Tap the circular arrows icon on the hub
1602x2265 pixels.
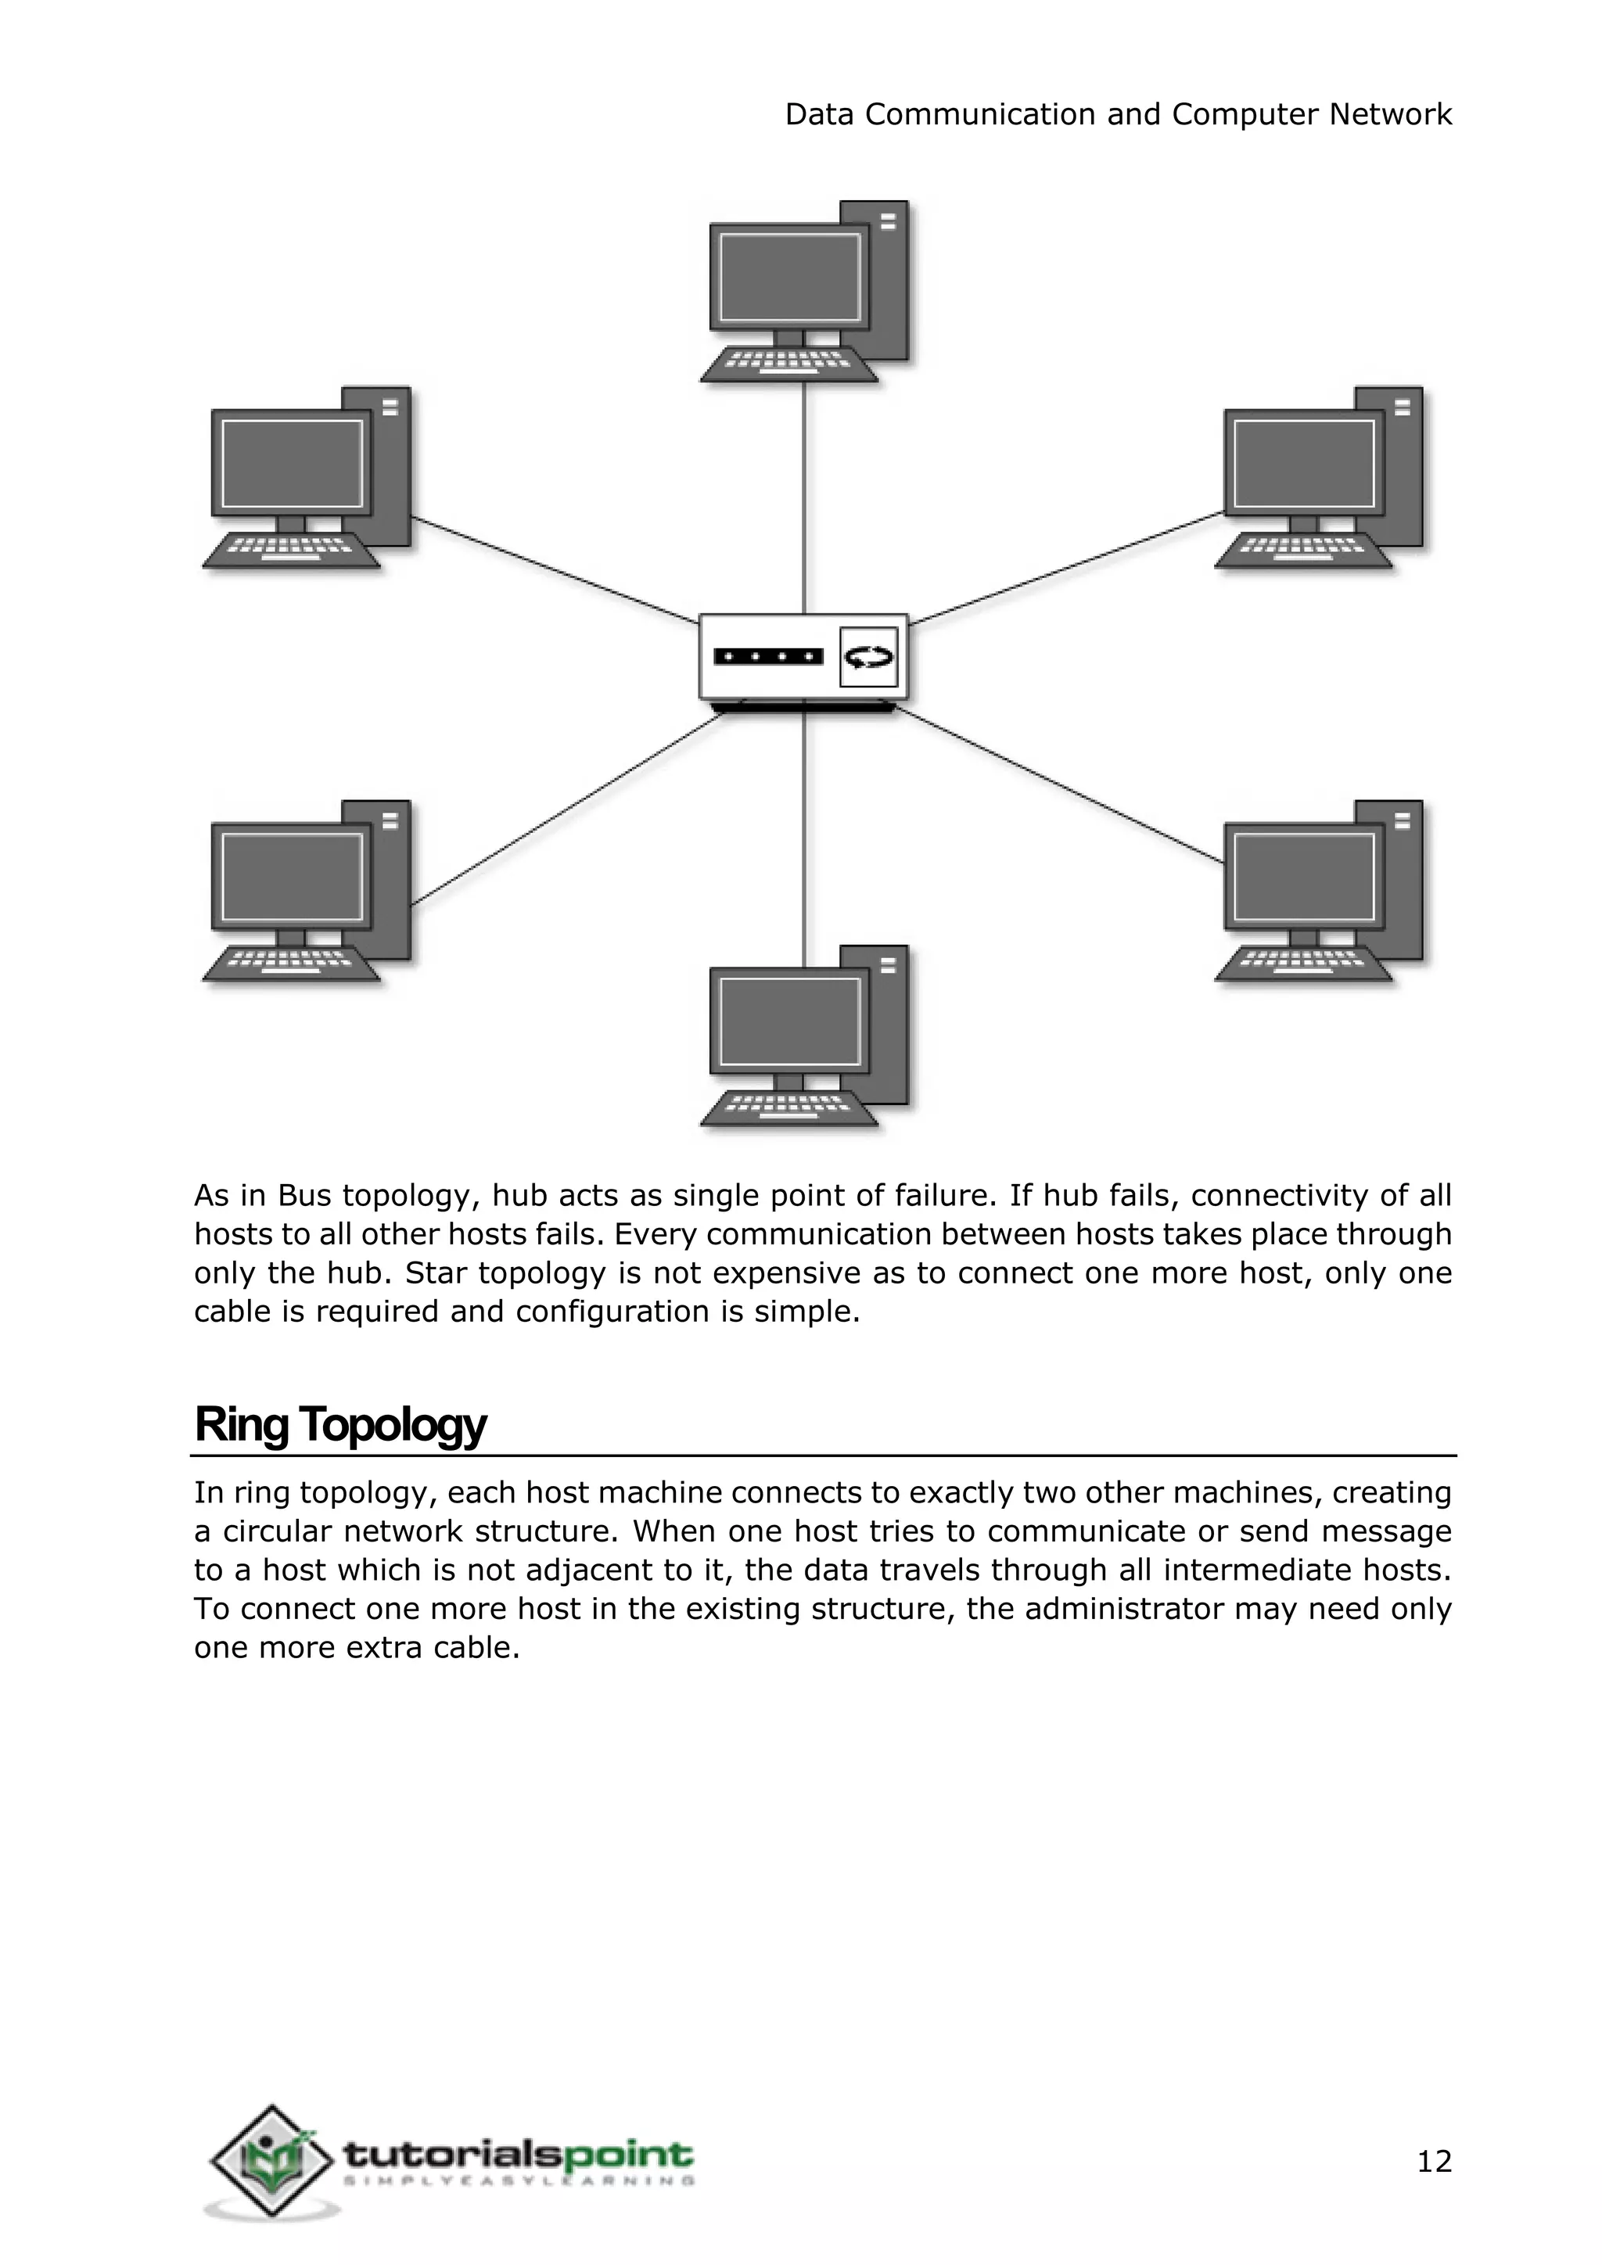868,657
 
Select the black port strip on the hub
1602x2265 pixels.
767,657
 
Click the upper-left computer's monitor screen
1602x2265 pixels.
291,463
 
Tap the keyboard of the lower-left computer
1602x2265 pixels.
291,963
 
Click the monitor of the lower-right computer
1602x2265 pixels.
1303,877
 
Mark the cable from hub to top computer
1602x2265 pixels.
804,494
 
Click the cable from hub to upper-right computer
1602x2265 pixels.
1065,569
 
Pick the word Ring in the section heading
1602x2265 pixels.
241,1424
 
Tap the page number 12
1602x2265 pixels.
1433,2162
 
